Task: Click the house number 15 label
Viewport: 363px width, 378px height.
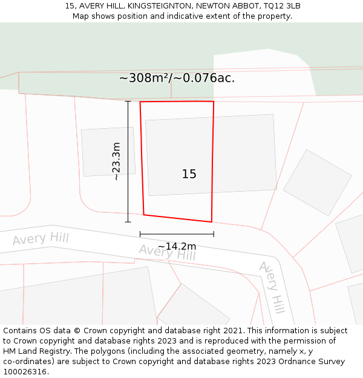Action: [x=189, y=174]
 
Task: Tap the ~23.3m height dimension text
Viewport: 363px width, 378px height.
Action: [x=116, y=161]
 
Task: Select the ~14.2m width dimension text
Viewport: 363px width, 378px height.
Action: [x=177, y=246]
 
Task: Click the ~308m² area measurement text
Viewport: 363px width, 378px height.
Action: [x=143, y=78]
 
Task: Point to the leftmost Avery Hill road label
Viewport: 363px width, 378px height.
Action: [x=41, y=238]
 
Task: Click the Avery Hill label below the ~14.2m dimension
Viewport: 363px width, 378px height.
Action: [x=167, y=252]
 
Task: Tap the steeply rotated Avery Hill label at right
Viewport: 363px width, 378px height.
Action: [x=272, y=287]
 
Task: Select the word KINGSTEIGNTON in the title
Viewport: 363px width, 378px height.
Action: [x=160, y=6]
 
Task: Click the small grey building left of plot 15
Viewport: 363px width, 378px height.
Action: [x=108, y=152]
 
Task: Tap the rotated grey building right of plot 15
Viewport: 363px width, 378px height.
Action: [x=317, y=183]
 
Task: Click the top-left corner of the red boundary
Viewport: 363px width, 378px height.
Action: [x=140, y=102]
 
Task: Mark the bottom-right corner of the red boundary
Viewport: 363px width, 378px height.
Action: [x=211, y=222]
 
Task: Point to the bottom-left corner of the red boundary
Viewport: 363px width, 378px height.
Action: [x=144, y=214]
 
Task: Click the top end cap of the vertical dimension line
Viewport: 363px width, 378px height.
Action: [x=128, y=102]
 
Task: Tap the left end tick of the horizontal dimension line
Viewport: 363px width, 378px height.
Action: [x=140, y=234]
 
